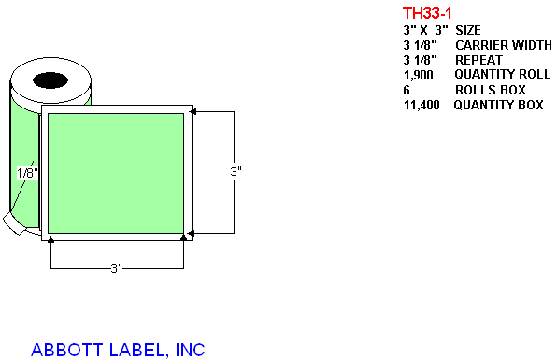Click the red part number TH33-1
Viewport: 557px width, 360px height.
[427, 13]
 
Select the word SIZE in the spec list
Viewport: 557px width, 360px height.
[468, 30]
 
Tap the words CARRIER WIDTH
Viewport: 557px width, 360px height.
[504, 45]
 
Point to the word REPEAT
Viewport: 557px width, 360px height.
[478, 60]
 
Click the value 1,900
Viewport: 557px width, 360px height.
[419, 76]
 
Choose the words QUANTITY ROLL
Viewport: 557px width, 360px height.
[502, 74]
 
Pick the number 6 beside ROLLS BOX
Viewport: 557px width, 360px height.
[407, 90]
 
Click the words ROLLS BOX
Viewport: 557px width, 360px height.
[491, 90]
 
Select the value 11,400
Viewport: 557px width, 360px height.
[421, 105]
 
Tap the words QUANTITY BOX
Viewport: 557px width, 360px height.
[498, 105]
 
